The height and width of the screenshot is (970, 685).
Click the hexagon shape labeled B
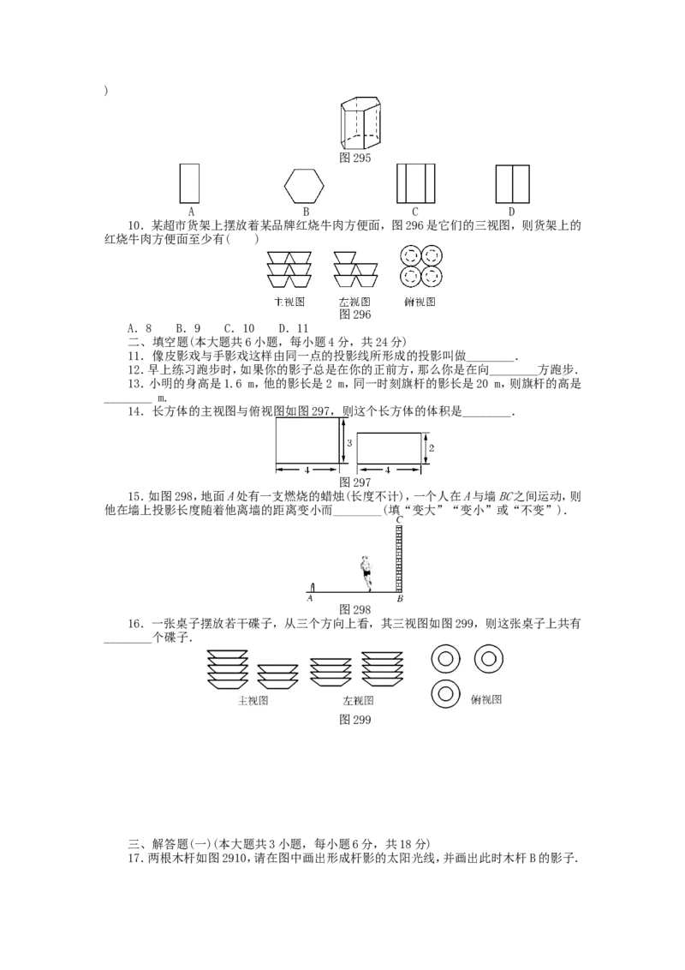coord(304,184)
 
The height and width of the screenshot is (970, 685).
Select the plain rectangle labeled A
coord(189,183)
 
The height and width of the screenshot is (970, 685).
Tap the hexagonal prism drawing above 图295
coord(360,123)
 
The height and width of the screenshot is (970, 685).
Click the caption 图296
coord(354,314)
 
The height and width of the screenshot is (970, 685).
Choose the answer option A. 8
coord(140,328)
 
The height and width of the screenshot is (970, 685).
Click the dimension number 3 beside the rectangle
coord(349,443)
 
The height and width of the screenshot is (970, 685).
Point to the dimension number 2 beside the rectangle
coord(432,448)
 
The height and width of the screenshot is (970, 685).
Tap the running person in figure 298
coord(366,573)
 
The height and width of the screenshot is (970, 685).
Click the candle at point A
coord(313,587)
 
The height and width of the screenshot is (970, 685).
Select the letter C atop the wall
coord(399,519)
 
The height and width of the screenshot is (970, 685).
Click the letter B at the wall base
coord(399,599)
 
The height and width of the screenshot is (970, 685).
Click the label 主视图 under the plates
coord(253,701)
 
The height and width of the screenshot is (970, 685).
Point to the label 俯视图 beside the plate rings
coord(486,699)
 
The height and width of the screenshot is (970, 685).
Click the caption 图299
coord(354,720)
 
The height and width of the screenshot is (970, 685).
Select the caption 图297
coord(354,482)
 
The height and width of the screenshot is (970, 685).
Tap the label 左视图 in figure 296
coord(354,302)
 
